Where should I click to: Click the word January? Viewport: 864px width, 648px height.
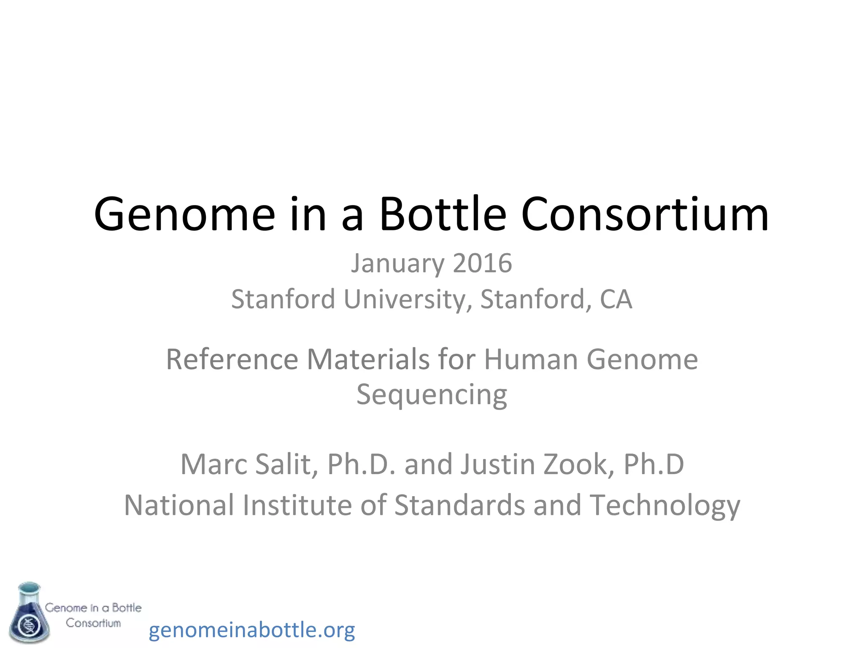tap(397, 264)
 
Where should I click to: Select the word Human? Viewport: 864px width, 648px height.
tap(531, 359)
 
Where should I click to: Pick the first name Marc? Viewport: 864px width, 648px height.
tap(213, 464)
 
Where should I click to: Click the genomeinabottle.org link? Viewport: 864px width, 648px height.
tap(252, 630)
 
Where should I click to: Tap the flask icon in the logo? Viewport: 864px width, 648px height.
tap(29, 613)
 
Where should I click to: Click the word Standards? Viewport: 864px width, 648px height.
tap(459, 505)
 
